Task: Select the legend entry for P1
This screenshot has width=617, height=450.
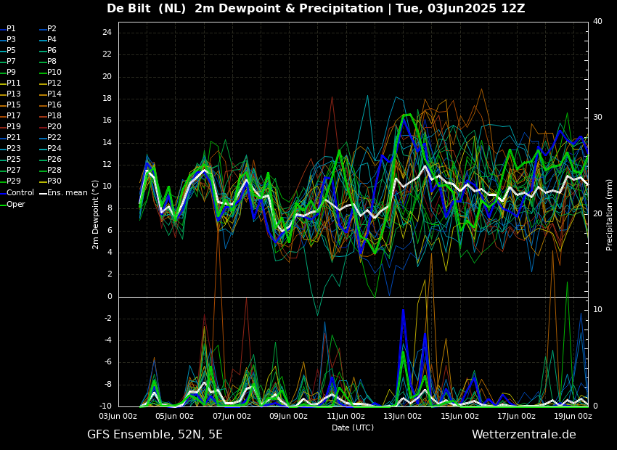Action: [11, 29]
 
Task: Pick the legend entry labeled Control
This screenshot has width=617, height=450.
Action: [20, 193]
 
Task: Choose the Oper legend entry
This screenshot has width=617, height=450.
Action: [16, 205]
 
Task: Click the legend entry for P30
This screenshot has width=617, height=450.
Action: [54, 181]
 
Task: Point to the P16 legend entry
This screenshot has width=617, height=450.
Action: [54, 105]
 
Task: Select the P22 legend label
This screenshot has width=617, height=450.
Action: [54, 138]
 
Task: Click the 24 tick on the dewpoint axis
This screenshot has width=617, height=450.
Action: [107, 33]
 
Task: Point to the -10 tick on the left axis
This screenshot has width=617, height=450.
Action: [105, 406]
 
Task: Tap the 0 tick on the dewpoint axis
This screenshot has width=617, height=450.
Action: [109, 297]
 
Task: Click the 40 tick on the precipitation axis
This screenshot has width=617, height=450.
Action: [597, 22]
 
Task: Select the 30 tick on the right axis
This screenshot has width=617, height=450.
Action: [597, 118]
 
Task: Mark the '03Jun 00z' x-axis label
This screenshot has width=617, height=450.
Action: [118, 417]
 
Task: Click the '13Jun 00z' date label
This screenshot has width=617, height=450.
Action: [403, 417]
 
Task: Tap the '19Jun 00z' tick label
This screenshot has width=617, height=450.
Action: [573, 417]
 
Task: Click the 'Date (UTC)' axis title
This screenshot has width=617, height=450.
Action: [353, 428]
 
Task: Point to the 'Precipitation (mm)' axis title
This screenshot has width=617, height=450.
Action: [610, 215]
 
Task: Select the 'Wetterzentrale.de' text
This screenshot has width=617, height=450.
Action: [523, 435]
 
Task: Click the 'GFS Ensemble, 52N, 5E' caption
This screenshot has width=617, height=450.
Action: [155, 435]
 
